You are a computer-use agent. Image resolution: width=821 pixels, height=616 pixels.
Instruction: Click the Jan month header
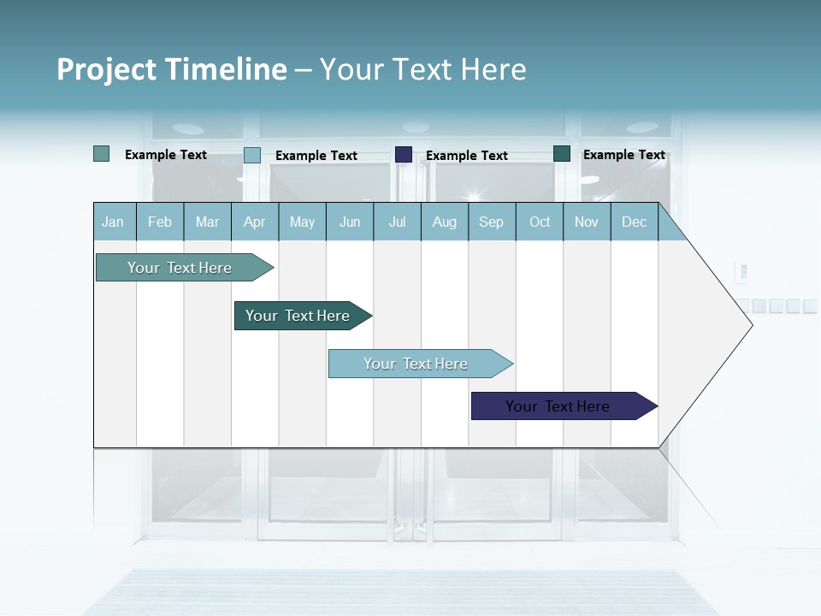[x=113, y=222]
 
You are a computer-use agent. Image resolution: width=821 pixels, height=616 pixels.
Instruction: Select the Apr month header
[x=254, y=222]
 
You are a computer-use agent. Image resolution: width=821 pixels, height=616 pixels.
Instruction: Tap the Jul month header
[x=397, y=222]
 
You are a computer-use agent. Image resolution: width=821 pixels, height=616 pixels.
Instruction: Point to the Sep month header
[x=491, y=222]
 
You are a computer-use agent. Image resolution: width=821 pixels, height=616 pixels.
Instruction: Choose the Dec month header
[x=634, y=222]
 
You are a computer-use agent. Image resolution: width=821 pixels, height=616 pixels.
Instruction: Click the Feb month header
[x=160, y=222]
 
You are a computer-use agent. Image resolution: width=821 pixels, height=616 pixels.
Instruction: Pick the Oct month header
[x=540, y=222]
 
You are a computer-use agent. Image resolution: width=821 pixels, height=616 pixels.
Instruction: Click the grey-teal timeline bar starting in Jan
[x=180, y=268]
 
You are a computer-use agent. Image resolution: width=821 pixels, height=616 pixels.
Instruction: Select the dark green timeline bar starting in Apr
[x=298, y=316]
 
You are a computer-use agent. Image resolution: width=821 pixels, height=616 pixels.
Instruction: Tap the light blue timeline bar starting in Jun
[x=416, y=364]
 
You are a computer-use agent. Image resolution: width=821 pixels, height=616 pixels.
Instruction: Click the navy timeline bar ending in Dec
[x=558, y=406]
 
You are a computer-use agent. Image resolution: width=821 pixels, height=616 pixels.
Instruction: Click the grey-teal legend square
[x=101, y=154]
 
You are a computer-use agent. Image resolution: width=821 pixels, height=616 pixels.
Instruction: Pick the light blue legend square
[x=252, y=155]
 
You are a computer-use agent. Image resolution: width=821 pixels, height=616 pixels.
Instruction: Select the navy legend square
[x=404, y=155]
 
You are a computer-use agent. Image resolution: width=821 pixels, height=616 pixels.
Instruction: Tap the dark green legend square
[x=562, y=154]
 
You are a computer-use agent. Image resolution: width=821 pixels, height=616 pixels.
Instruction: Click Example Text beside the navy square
[x=466, y=156]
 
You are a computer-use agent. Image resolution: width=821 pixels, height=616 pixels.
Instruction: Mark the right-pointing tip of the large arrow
[x=751, y=325]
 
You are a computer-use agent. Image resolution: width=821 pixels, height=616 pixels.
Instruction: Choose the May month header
[x=302, y=222]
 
